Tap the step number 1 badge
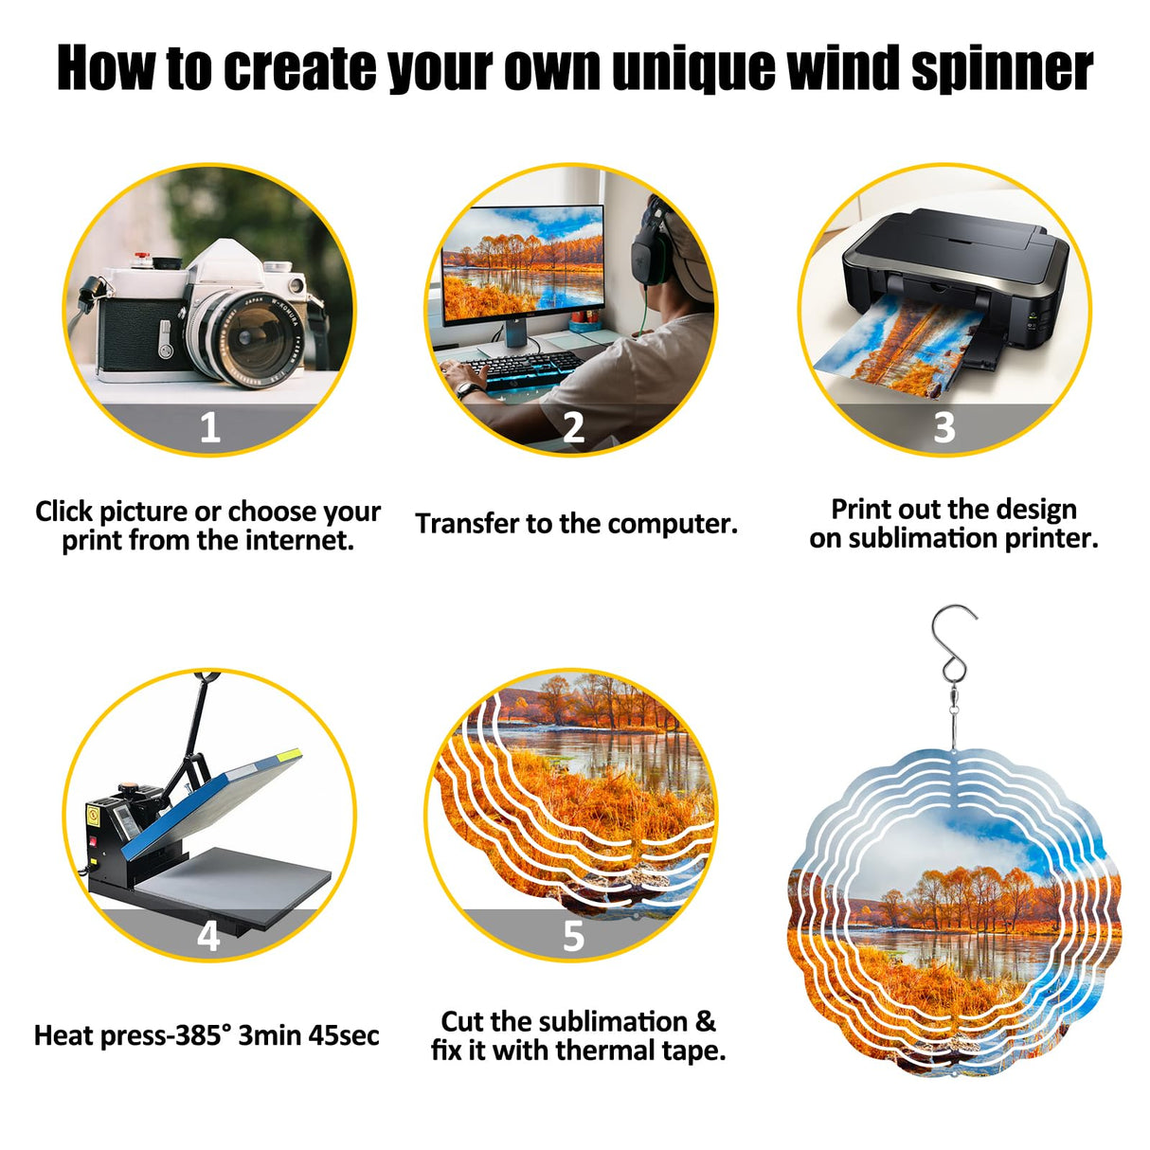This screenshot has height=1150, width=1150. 209,428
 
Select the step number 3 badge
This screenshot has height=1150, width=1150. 943,428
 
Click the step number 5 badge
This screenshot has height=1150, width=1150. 573,936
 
